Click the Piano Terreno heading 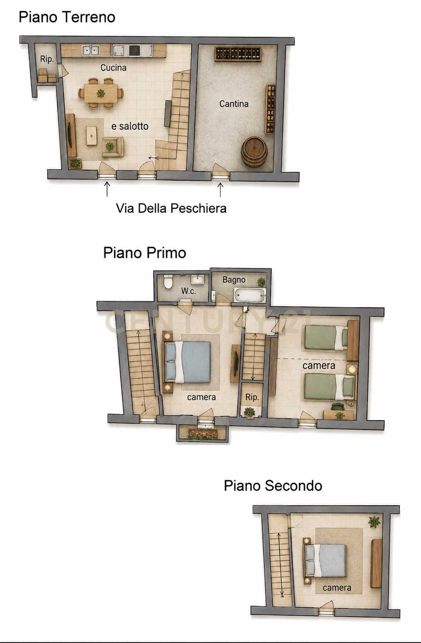(x=67, y=17)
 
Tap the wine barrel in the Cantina (x=254, y=152)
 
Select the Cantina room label (x=234, y=104)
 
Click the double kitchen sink (x=90, y=51)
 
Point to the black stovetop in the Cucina (x=134, y=51)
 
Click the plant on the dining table (x=101, y=93)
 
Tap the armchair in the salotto (x=113, y=147)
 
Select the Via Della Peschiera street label (x=171, y=208)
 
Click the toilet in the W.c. (x=168, y=281)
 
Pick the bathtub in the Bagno (x=249, y=295)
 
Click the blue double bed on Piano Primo (x=187, y=362)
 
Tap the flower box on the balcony (x=203, y=434)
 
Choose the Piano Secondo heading (x=273, y=486)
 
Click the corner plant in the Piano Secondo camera (x=374, y=521)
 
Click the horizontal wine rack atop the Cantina (x=238, y=54)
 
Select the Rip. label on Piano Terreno (x=47, y=59)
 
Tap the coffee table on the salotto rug (x=92, y=136)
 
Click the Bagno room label (x=234, y=280)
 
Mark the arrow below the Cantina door (x=220, y=190)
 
